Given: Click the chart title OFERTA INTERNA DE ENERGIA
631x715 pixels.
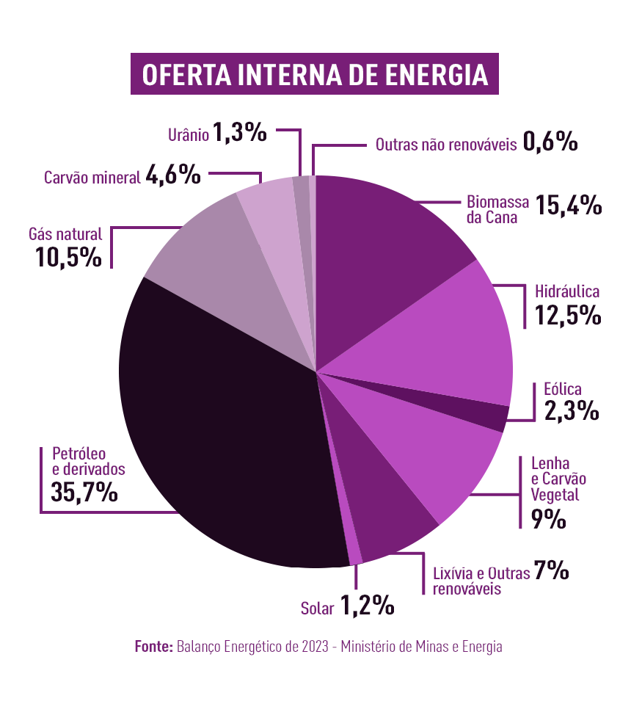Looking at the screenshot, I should tap(315, 74).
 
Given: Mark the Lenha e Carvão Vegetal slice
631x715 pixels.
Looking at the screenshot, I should tap(440, 455).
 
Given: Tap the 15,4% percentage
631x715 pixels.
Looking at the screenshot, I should tap(569, 206).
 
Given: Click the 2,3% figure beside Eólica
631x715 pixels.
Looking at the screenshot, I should tap(572, 410).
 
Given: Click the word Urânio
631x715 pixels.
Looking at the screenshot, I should tap(188, 134).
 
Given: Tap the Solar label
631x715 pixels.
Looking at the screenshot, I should tap(318, 608).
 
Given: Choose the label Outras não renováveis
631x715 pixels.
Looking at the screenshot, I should tap(446, 145).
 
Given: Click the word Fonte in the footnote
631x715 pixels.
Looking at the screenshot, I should tap(153, 647).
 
